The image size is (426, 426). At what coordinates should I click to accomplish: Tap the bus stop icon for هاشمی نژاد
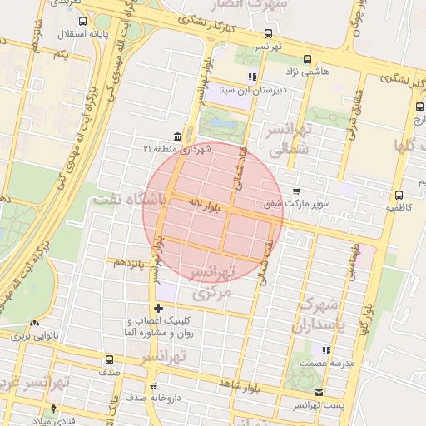click(308, 59)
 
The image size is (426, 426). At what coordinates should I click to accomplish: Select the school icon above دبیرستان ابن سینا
click(252, 77)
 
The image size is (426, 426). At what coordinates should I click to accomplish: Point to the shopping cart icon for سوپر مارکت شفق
click(296, 191)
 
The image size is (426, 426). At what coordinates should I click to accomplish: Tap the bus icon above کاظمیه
click(400, 194)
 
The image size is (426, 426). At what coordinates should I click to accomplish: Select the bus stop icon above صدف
click(109, 360)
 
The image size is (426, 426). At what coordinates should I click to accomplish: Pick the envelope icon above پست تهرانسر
click(319, 392)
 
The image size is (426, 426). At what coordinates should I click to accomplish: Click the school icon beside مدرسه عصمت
click(326, 351)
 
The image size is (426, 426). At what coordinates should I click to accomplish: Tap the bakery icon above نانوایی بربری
click(34, 324)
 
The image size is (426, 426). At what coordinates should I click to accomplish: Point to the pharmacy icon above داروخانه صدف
click(153, 386)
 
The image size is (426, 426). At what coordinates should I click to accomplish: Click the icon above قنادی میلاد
click(54, 408)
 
